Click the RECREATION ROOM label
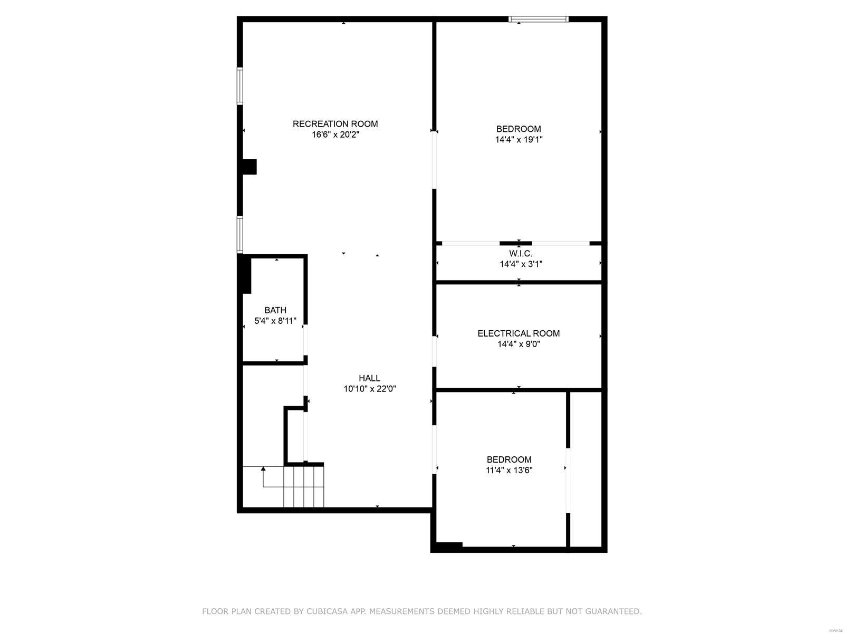coord(335,124)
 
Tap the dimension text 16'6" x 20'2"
coord(335,135)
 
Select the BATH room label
coord(275,310)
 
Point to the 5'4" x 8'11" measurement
coord(275,321)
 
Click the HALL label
coord(369,378)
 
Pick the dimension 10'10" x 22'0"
coord(369,389)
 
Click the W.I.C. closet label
coord(520,254)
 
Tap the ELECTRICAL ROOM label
coord(519,333)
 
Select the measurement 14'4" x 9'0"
coord(519,344)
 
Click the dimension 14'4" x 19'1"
coord(519,140)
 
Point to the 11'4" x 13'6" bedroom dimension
coord(509,471)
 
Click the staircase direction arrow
coord(263,469)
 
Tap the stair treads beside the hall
coord(304,486)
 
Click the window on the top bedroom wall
coord(538,20)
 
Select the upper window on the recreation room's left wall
coord(239,85)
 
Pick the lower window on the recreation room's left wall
coord(239,234)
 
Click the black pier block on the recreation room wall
coord(249,167)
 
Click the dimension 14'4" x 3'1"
coord(521,264)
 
